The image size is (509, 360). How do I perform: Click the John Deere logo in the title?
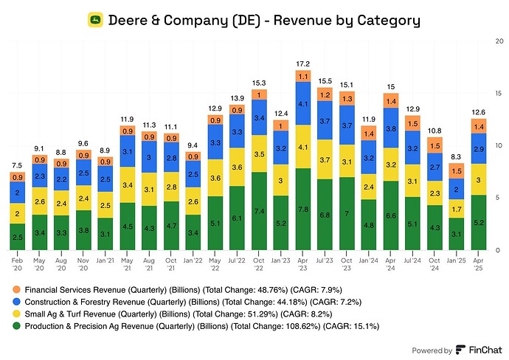pyautogui.click(x=96, y=21)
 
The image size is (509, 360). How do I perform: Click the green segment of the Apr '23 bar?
pyautogui.click(x=302, y=209)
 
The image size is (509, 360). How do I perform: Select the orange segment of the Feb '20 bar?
pyautogui.click(x=17, y=177)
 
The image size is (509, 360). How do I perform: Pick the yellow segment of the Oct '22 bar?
pyautogui.click(x=259, y=153)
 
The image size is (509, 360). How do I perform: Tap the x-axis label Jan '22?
pyautogui.click(x=193, y=260)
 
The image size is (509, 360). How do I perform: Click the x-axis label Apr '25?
pyautogui.click(x=478, y=263)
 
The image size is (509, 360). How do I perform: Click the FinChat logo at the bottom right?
pyautogui.click(x=479, y=350)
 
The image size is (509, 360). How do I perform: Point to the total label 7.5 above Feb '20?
pyautogui.click(x=17, y=165)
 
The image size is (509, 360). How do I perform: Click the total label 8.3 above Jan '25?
pyautogui.click(x=457, y=156)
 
